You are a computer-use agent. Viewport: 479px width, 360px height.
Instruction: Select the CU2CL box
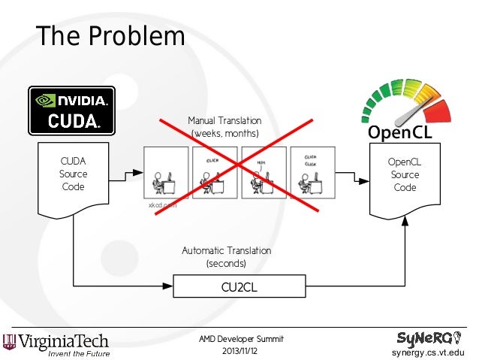(240, 286)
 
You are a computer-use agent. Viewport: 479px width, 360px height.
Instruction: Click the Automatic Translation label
(226, 250)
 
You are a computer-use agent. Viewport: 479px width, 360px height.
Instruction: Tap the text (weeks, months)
(225, 133)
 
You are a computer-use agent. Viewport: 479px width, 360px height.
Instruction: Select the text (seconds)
(226, 264)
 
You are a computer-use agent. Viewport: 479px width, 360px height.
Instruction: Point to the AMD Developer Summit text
(241, 339)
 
